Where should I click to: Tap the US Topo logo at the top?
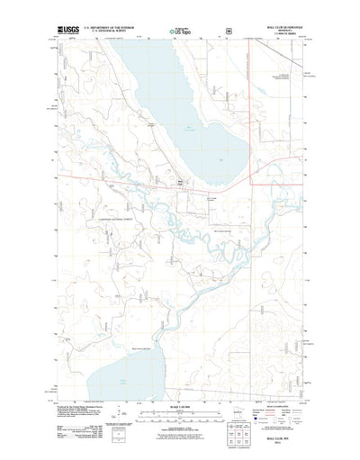pos(179,32)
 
